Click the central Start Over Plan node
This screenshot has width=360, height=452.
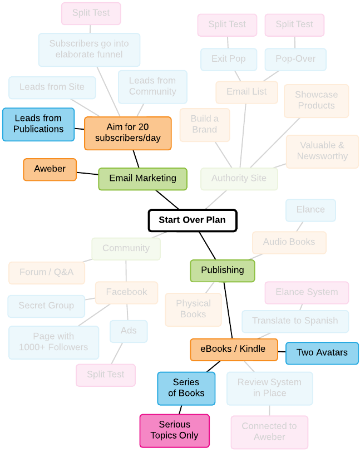tap(193, 220)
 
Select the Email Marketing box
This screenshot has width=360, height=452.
tap(142, 179)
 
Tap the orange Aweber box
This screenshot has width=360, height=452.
tap(50, 169)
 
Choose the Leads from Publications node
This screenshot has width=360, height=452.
tap(38, 124)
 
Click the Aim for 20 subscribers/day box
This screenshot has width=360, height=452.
tap(127, 133)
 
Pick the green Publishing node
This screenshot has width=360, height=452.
tap(222, 271)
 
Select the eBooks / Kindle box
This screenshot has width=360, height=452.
tap(234, 350)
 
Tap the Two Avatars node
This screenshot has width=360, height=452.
tap(322, 353)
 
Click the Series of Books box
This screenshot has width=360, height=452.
tap(186, 389)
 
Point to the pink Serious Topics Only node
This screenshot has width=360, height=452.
tap(174, 431)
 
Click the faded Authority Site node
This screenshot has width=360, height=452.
tap(239, 179)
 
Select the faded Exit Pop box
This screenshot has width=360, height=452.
tap(229, 60)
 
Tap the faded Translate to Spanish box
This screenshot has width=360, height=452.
tap(295, 321)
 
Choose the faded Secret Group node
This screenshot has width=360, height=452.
tap(46, 306)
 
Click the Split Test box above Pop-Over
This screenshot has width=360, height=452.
tap(294, 25)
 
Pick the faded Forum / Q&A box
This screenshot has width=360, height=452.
tap(47, 273)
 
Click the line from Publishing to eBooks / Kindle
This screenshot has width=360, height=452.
tap(228, 310)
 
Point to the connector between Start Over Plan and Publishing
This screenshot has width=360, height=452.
tap(207, 245)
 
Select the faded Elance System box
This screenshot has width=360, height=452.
tap(307, 293)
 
